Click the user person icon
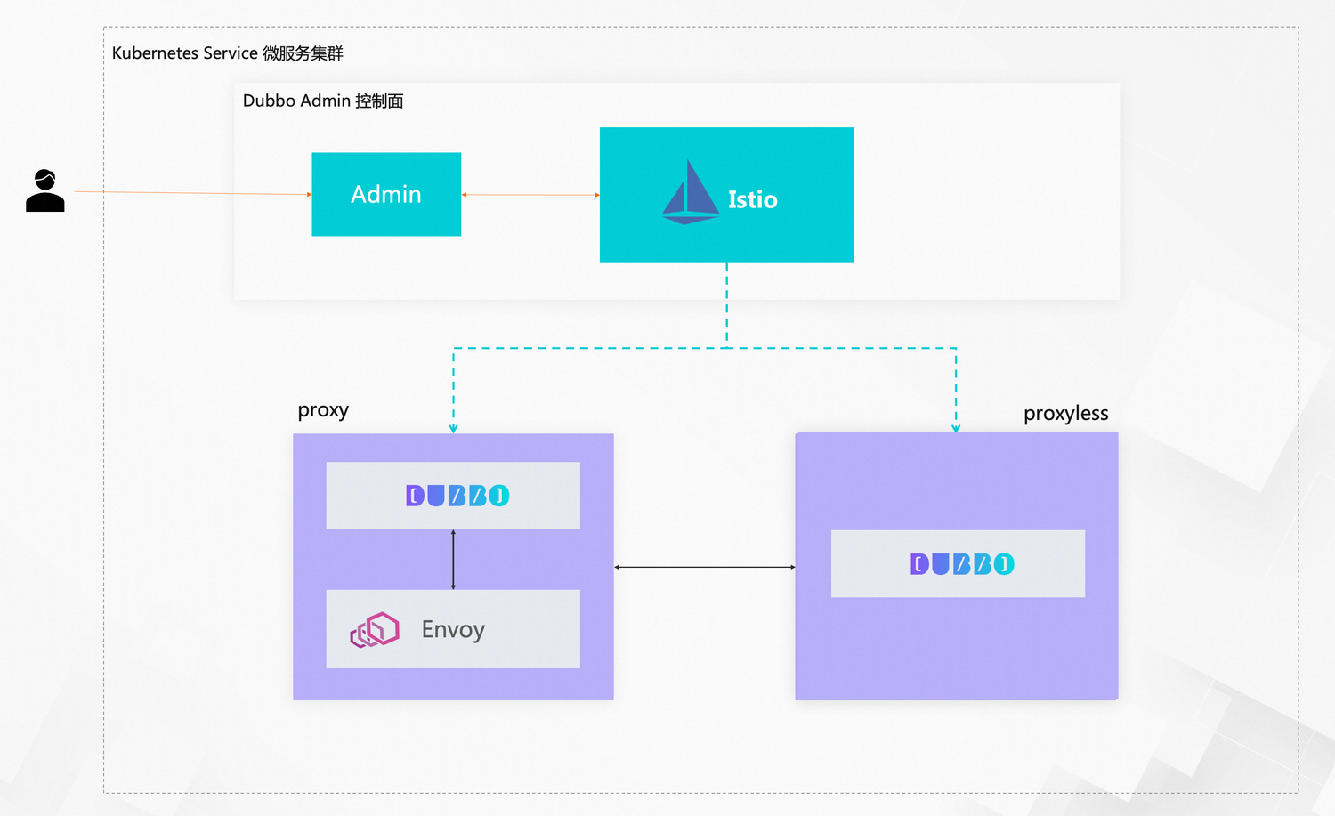click(45, 190)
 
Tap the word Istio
click(752, 200)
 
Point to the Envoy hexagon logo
click(375, 630)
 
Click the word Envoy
click(453, 629)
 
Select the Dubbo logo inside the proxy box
click(457, 496)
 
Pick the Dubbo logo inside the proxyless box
click(962, 564)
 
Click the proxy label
click(323, 410)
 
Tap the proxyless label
click(1065, 414)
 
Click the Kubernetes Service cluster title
click(227, 53)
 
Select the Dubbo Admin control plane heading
click(323, 101)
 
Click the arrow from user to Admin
click(191, 192)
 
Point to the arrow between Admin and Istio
click(530, 195)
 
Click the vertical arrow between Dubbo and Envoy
click(453, 560)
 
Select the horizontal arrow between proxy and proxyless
click(704, 567)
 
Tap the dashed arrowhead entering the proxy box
click(453, 428)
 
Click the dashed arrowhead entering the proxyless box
click(956, 428)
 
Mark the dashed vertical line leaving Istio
click(727, 303)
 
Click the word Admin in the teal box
click(386, 194)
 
